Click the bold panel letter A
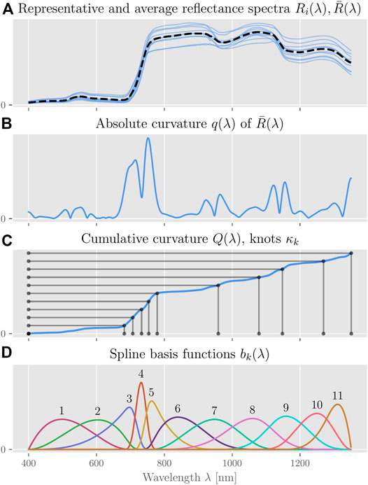(x=6, y=8)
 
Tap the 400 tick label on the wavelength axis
(x=29, y=463)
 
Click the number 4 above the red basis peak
(x=141, y=374)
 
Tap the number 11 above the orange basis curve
(x=338, y=396)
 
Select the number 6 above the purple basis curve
(x=178, y=409)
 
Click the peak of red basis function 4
(x=141, y=383)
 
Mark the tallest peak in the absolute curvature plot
(x=148, y=139)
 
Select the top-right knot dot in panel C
(x=351, y=253)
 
